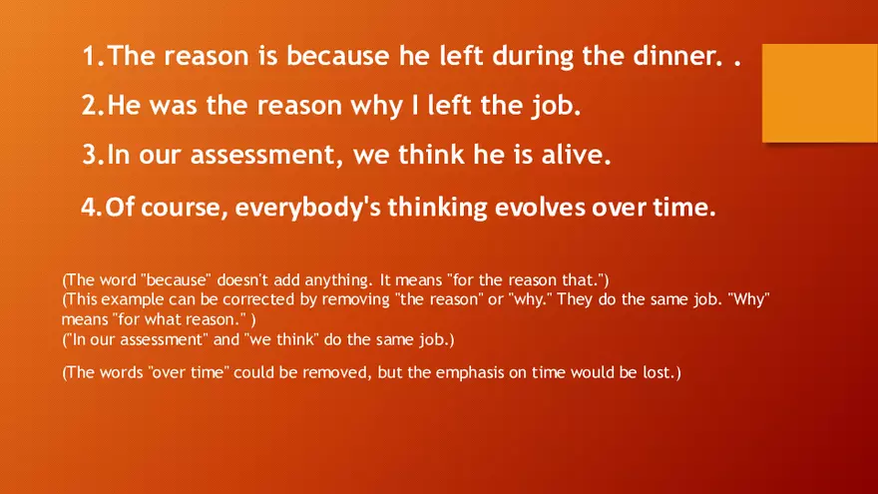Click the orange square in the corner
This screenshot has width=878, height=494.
coord(819,91)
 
